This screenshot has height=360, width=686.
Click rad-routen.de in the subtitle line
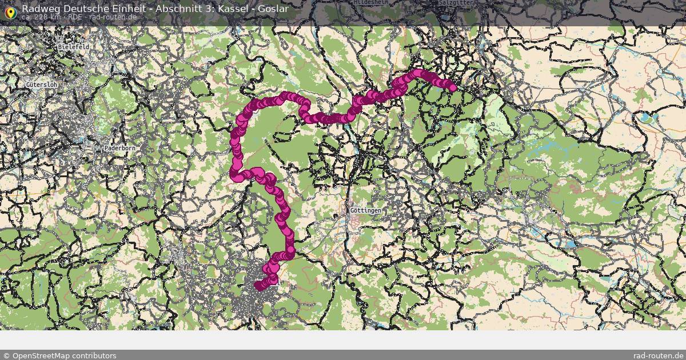point(113,17)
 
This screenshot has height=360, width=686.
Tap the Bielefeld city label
point(73,47)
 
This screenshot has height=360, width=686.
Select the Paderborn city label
point(120,148)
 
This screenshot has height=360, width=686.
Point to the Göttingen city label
point(365,211)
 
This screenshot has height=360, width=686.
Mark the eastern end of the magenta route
point(453,88)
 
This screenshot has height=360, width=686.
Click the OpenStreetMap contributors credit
point(59,355)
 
